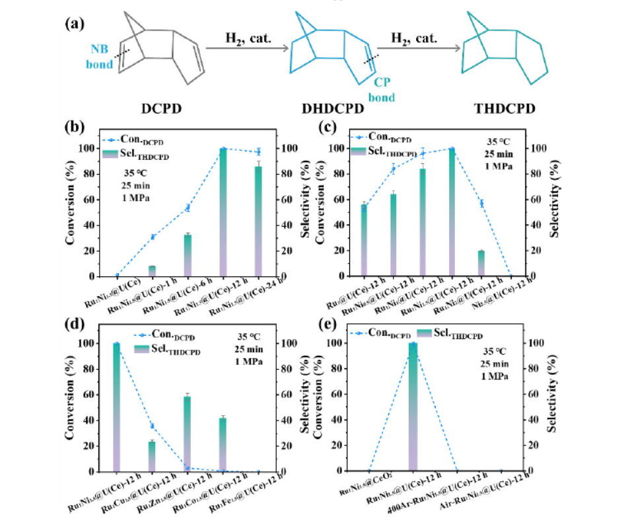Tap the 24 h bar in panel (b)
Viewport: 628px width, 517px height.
pyautogui.click(x=259, y=221)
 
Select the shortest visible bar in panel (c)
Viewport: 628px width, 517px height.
pyautogui.click(x=481, y=263)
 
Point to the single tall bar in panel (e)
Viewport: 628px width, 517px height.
pyautogui.click(x=413, y=407)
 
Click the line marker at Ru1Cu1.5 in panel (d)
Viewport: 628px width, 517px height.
pyautogui.click(x=152, y=426)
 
